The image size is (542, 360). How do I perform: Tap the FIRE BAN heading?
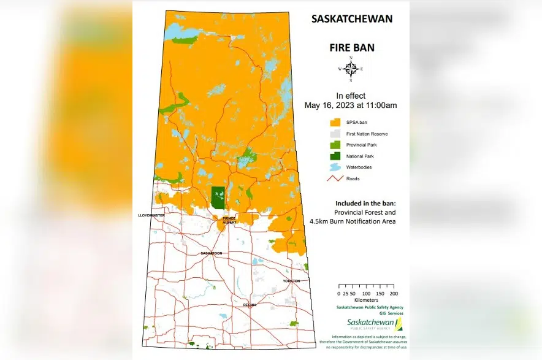pyautogui.click(x=350, y=47)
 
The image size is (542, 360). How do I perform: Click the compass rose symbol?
pyautogui.click(x=351, y=69)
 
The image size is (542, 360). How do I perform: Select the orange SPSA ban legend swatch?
pyautogui.click(x=335, y=122)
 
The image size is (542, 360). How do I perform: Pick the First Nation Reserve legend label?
pyautogui.click(x=367, y=134)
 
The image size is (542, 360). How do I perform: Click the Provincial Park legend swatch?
pyautogui.click(x=335, y=145)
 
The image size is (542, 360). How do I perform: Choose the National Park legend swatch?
pyautogui.click(x=335, y=156)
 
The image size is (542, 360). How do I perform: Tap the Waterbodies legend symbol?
pyautogui.click(x=335, y=167)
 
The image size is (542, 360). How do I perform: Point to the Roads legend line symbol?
pyautogui.click(x=335, y=178)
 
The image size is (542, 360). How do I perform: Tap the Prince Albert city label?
pyautogui.click(x=229, y=220)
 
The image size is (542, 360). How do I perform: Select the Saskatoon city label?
pyautogui.click(x=211, y=253)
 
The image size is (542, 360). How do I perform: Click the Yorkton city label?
pyautogui.click(x=291, y=280)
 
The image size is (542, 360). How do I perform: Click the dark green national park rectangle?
pyautogui.click(x=217, y=197)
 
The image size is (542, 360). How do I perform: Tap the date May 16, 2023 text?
pyautogui.click(x=350, y=105)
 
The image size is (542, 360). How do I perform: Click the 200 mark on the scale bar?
pyautogui.click(x=394, y=294)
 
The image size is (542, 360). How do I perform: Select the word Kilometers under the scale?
pyautogui.click(x=366, y=301)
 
